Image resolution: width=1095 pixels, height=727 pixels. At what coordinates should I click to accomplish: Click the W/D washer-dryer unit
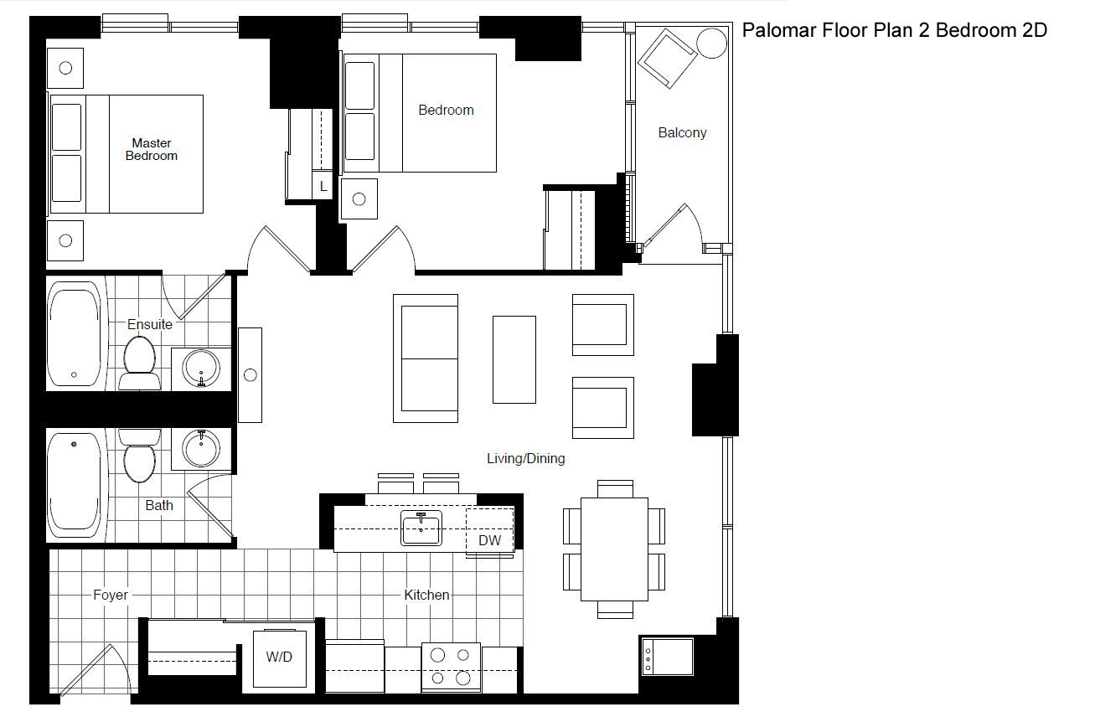[x=280, y=658]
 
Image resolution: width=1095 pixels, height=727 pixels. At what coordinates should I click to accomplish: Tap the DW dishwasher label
[x=489, y=540]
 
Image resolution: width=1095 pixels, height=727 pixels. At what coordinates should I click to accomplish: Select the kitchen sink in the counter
[x=421, y=528]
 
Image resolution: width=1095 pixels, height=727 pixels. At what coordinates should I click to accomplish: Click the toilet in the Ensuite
[x=140, y=363]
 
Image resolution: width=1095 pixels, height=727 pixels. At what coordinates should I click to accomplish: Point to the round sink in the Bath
[x=201, y=448]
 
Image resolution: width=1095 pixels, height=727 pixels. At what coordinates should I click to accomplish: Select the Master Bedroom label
[x=152, y=149]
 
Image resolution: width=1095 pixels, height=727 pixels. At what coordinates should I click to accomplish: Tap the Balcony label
[x=683, y=133]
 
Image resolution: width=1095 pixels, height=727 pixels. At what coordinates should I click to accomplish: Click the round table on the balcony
[x=711, y=44]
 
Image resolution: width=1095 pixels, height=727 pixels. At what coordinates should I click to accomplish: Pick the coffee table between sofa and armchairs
[x=514, y=359]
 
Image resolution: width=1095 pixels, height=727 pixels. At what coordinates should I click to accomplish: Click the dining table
[x=614, y=549]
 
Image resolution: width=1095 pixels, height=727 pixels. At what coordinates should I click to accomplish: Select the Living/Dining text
[x=526, y=459]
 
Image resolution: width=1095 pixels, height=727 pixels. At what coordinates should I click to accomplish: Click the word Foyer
[x=111, y=595]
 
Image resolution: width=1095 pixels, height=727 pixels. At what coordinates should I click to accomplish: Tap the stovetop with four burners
[x=451, y=668]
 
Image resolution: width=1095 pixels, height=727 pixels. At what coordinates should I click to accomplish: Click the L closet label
[x=323, y=187]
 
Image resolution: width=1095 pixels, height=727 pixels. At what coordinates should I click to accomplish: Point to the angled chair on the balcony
[x=667, y=58]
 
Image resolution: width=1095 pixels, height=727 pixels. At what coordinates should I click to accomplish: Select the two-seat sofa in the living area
[x=426, y=358]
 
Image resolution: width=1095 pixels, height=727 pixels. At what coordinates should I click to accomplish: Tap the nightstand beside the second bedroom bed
[x=359, y=199]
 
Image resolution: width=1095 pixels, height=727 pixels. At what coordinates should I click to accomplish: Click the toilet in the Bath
[x=140, y=456]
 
